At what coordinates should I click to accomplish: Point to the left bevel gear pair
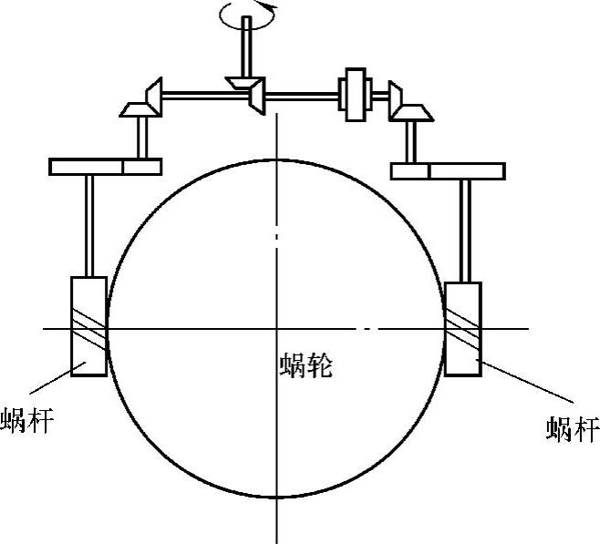pyautogui.click(x=145, y=100)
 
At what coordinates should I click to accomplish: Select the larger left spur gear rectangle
pyautogui.click(x=87, y=167)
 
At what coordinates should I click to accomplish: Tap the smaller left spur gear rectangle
pyautogui.click(x=142, y=167)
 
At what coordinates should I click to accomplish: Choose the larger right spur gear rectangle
pyautogui.click(x=466, y=170)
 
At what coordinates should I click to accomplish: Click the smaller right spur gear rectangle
pyautogui.click(x=409, y=170)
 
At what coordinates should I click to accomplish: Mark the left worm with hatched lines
pyautogui.click(x=88, y=325)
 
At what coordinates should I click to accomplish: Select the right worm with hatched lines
pyautogui.click(x=462, y=329)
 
